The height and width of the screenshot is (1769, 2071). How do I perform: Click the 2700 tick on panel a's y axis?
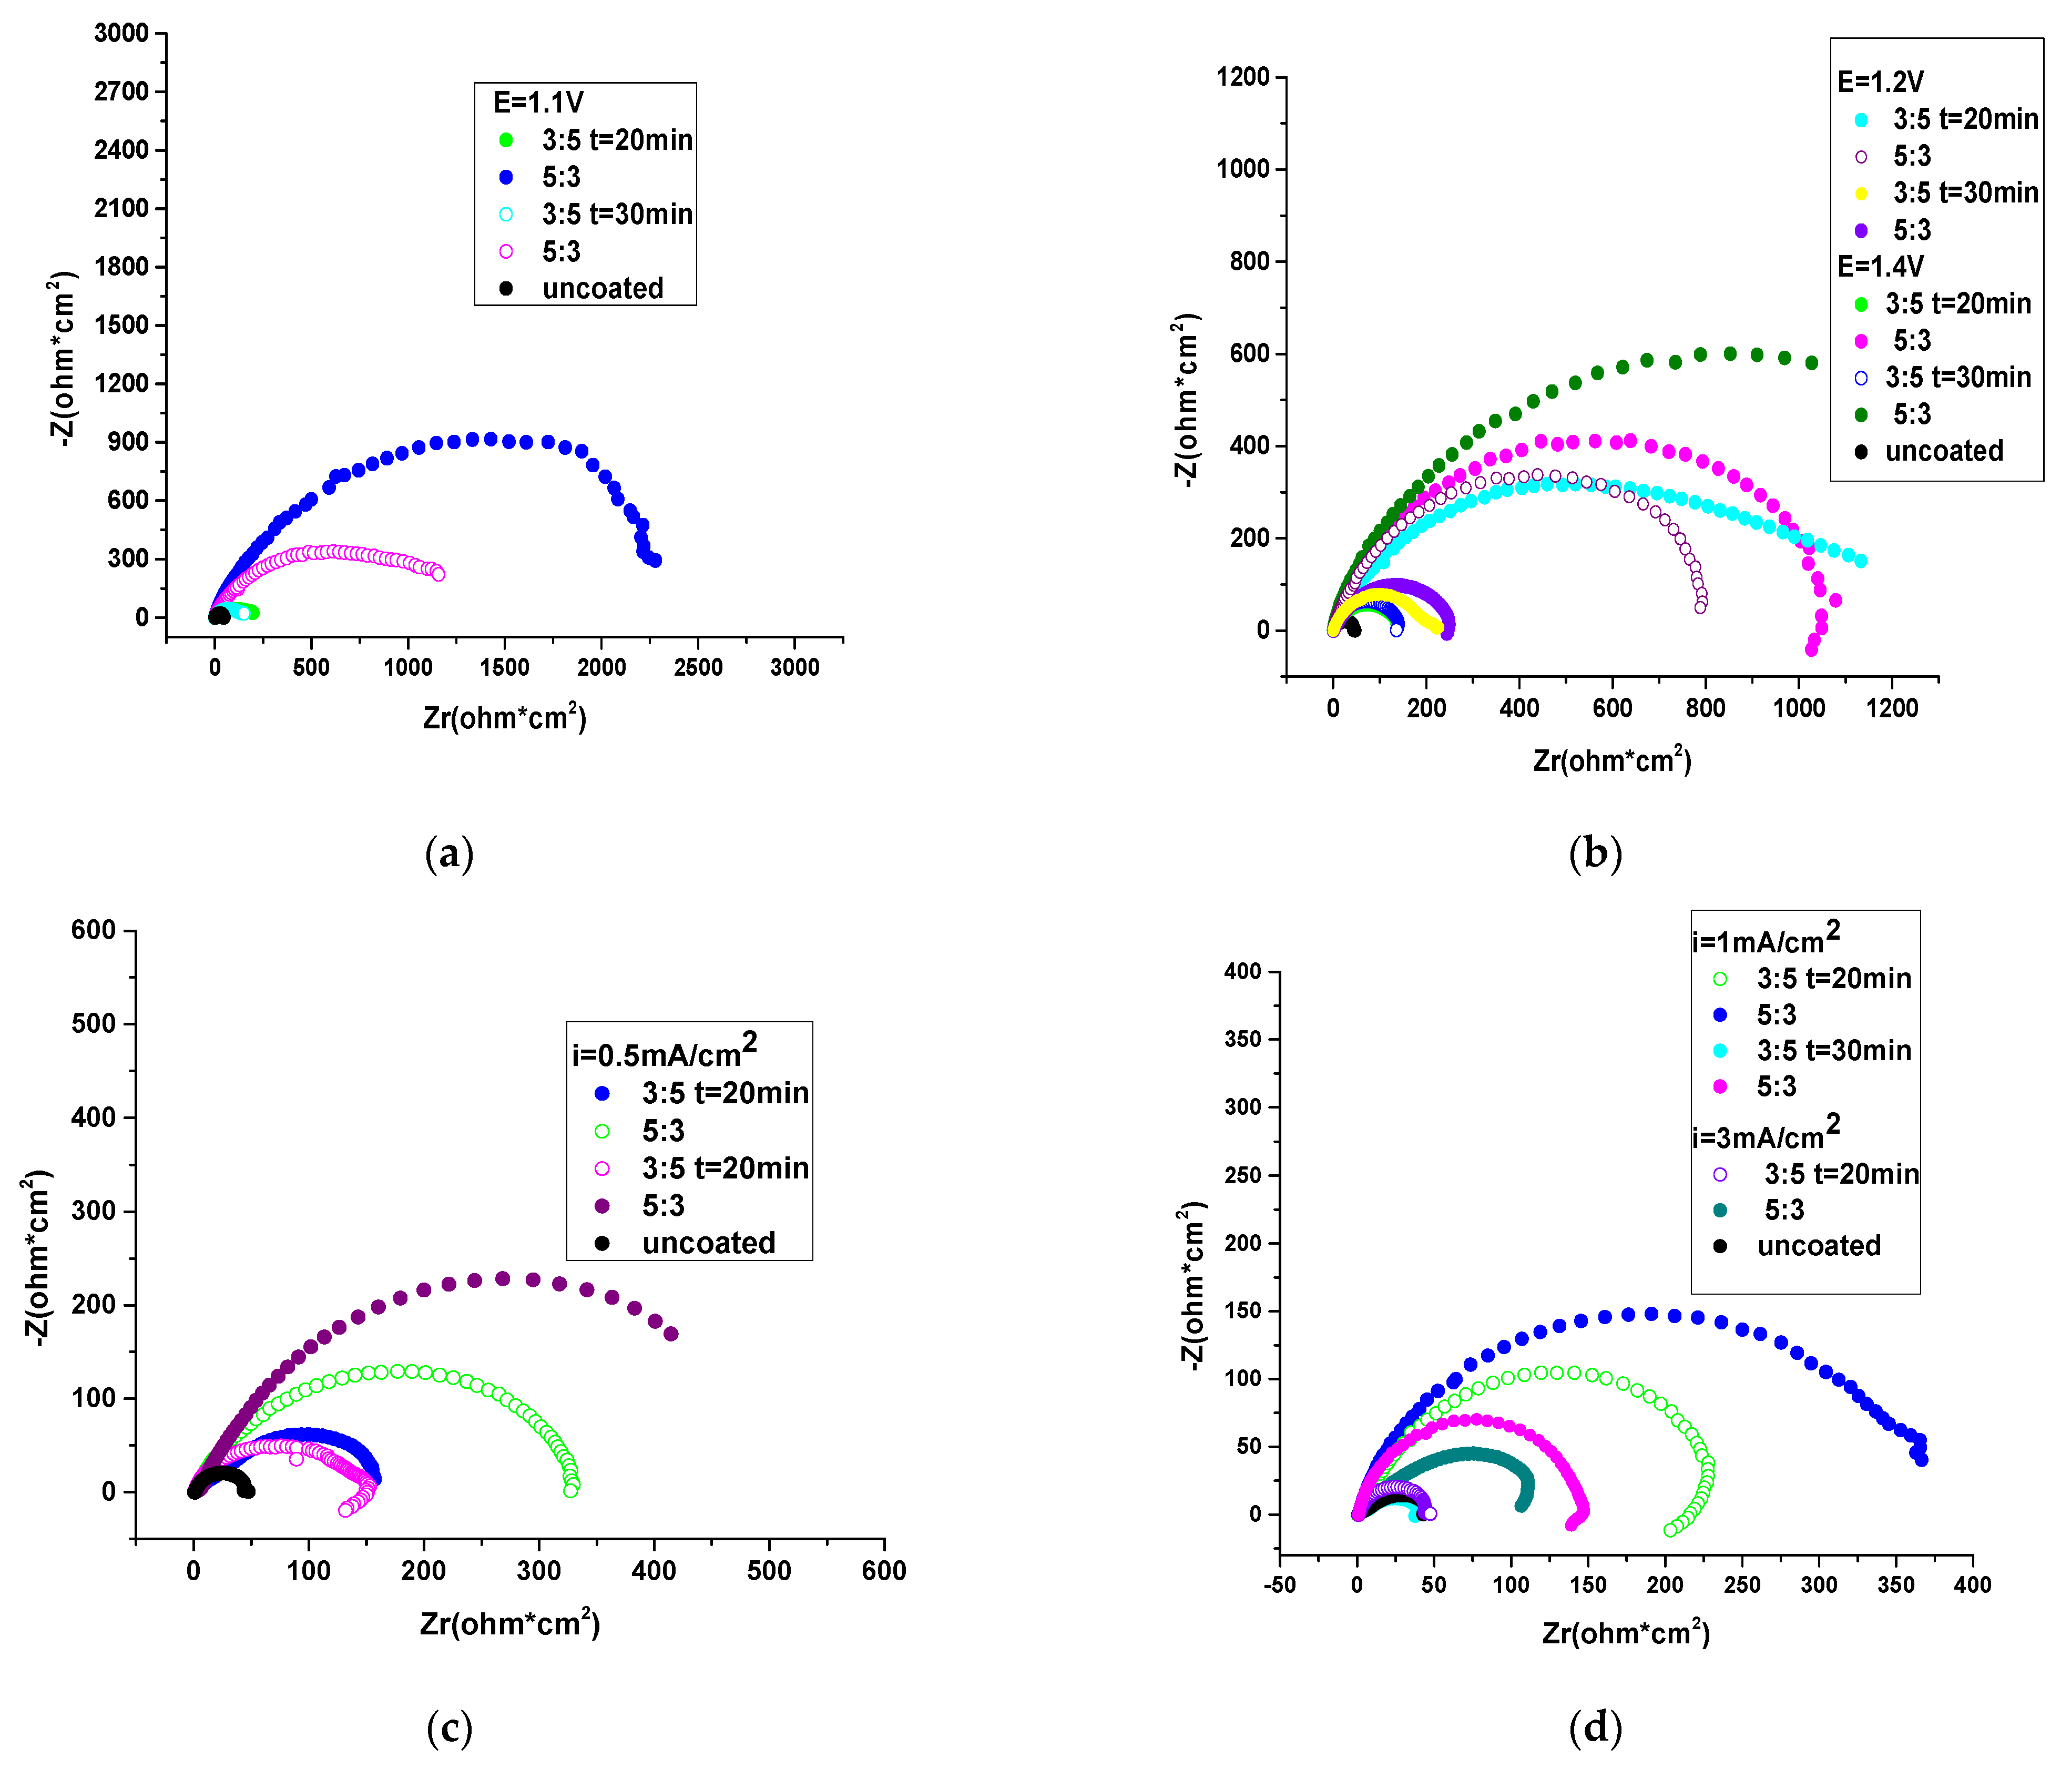[121, 91]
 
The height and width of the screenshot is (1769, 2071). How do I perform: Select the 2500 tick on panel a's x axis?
[698, 668]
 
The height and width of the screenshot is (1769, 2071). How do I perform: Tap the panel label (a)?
[449, 855]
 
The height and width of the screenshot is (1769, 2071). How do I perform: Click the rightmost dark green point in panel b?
[1811, 363]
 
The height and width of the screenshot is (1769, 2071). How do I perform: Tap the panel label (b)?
[1595, 855]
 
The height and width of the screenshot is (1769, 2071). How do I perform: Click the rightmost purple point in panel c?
[671, 1333]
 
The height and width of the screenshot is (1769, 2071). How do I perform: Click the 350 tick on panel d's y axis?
[1242, 1039]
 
